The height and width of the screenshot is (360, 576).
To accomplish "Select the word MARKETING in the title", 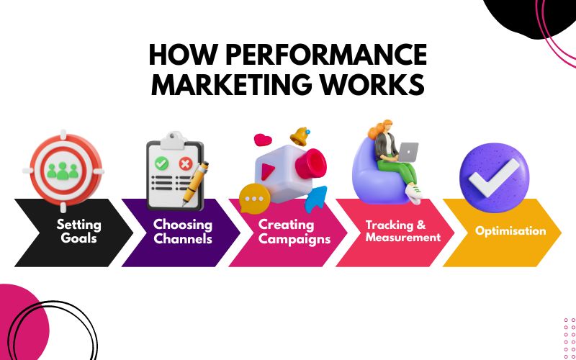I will click(x=233, y=85).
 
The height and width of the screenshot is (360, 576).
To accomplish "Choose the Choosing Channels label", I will click(x=183, y=232).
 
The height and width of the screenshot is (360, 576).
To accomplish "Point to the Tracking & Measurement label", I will click(x=402, y=231).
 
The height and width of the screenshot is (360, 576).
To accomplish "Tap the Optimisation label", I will click(x=510, y=231).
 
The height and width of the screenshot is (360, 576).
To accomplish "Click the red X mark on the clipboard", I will click(x=186, y=164).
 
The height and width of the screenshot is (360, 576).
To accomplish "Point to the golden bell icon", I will click(x=299, y=135).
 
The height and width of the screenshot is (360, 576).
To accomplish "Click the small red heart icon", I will click(x=261, y=139).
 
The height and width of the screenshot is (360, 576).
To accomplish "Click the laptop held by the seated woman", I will click(x=408, y=152).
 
